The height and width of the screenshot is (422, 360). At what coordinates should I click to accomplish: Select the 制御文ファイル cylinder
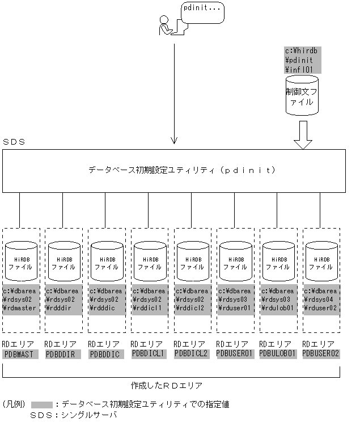pos(302,95)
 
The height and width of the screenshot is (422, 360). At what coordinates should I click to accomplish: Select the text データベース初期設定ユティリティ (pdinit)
pos(181,170)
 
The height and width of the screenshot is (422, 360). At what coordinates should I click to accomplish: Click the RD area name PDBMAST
pos(19,354)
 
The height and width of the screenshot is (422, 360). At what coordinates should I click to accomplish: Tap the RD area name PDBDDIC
pos(105,354)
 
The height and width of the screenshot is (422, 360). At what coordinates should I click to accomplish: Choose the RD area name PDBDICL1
pos(148,354)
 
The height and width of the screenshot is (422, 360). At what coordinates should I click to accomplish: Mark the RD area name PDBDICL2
pos(191,354)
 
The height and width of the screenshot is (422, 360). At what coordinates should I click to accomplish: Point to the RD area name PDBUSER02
pos(321,354)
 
